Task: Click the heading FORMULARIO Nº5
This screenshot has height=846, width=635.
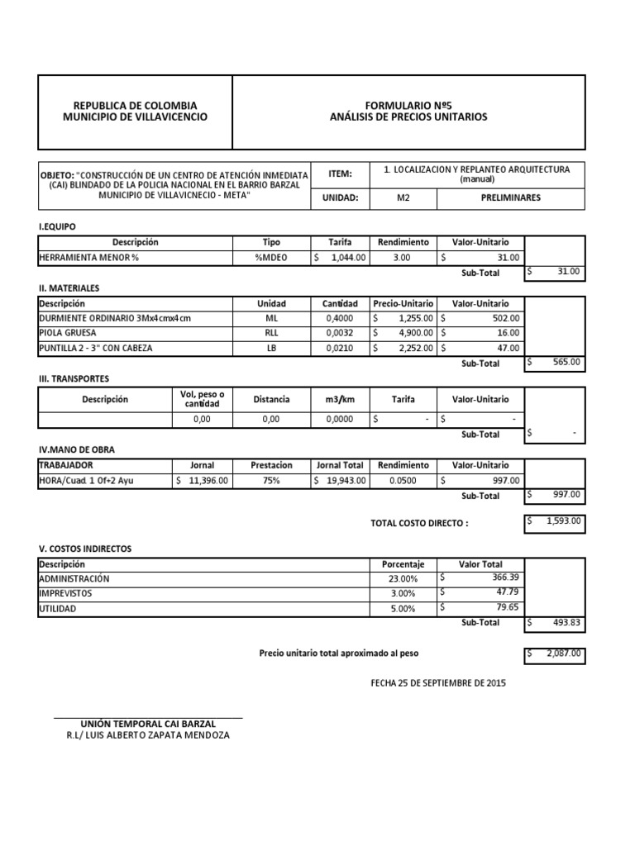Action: (408, 106)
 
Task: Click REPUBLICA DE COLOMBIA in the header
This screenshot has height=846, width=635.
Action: (136, 106)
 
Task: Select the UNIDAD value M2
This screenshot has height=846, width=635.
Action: (403, 199)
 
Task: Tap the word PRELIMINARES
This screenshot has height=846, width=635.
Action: (510, 199)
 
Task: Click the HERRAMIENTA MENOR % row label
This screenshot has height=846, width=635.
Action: (89, 258)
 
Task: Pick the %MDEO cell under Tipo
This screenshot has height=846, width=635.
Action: (271, 258)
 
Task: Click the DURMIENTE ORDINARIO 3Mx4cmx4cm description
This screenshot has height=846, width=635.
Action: (115, 318)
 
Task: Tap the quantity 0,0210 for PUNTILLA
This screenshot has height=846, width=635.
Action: (337, 348)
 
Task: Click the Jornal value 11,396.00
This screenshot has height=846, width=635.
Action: (209, 480)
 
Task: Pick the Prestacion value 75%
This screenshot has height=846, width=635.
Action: (271, 480)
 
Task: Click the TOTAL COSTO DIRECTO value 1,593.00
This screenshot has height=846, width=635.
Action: (562, 521)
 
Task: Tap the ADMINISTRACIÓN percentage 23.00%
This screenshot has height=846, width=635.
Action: (403, 579)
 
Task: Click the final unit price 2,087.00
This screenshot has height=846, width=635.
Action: (562, 654)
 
